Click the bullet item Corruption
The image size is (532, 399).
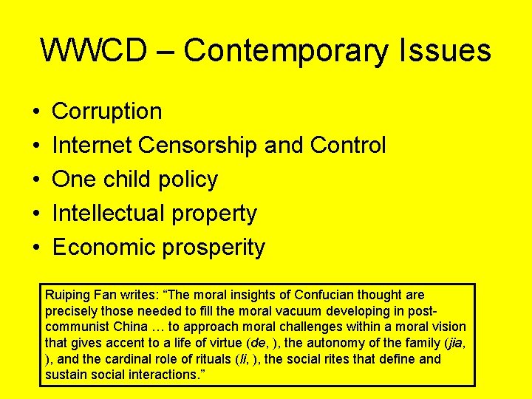107,112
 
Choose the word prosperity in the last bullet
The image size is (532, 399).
217,248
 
